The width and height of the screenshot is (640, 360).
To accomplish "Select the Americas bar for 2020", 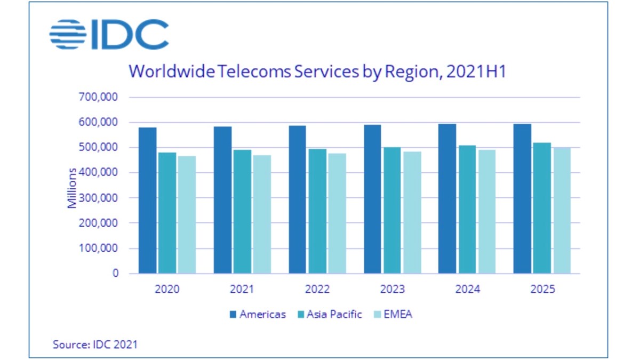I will (x=148, y=201).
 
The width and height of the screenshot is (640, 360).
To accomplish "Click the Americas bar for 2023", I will (x=373, y=199).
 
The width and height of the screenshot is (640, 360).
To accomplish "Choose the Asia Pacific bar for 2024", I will (x=467, y=209).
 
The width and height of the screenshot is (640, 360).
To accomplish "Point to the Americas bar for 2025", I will (x=523, y=198).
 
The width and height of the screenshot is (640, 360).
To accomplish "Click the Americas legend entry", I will (x=257, y=314).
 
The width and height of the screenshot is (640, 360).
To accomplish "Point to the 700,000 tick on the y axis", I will (x=98, y=98).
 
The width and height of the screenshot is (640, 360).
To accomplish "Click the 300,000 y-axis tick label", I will (x=98, y=198).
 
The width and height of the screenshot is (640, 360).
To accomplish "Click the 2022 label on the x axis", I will (x=317, y=290).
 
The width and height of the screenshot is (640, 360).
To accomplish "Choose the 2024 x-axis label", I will (x=468, y=290).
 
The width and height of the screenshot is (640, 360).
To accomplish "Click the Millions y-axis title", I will (x=73, y=188).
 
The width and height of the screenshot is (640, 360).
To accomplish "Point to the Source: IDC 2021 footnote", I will (x=95, y=345).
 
